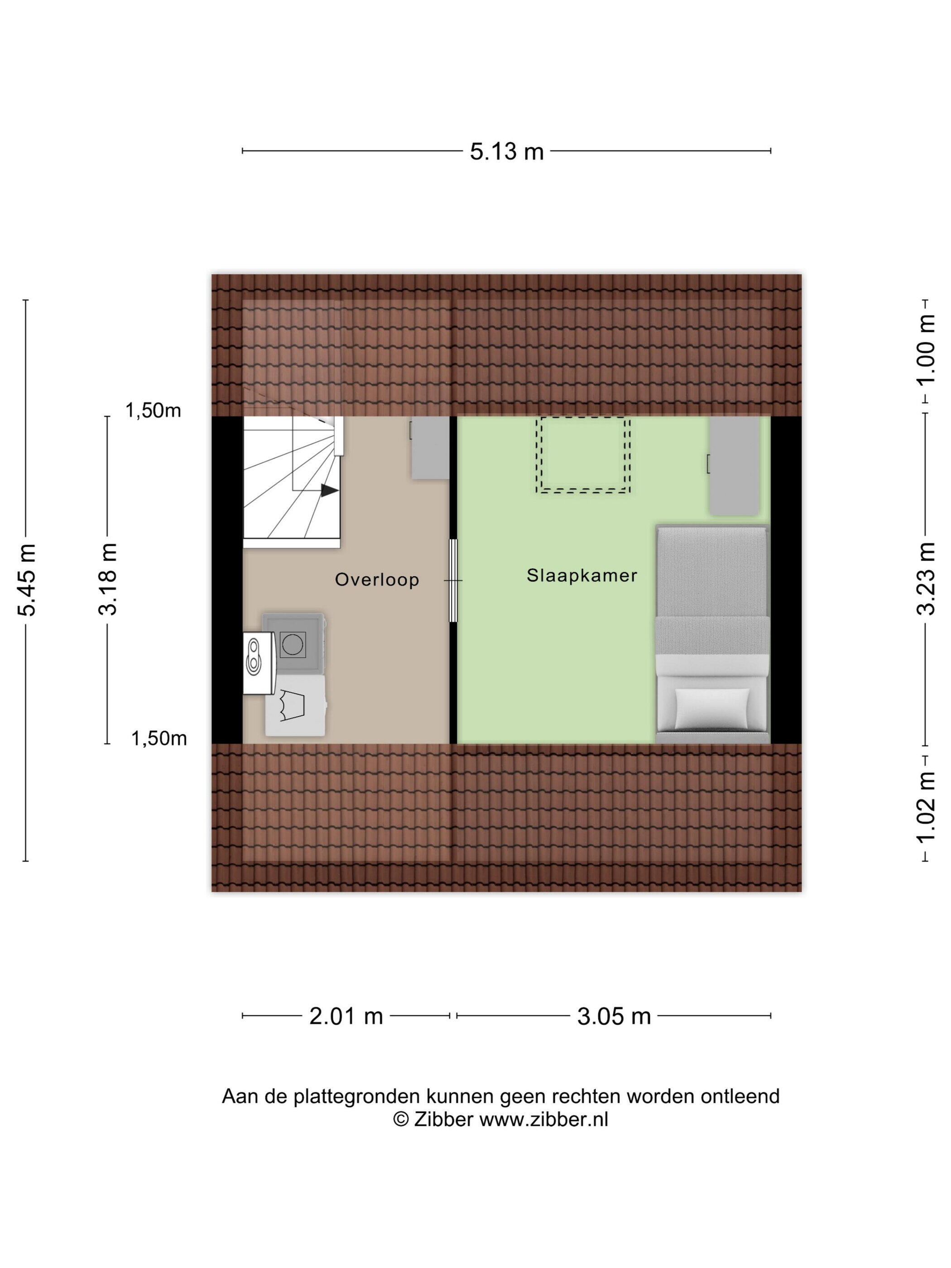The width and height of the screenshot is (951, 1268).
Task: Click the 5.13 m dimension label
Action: click(x=507, y=152)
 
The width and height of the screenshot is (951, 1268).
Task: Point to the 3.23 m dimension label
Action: click(x=924, y=579)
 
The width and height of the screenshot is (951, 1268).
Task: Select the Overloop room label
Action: click(x=377, y=580)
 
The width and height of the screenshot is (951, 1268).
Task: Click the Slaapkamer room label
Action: click(x=582, y=576)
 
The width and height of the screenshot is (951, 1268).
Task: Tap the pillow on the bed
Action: click(x=712, y=708)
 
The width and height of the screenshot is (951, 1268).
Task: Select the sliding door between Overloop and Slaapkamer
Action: click(x=453, y=580)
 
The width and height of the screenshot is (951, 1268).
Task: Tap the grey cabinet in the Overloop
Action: click(x=430, y=448)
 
